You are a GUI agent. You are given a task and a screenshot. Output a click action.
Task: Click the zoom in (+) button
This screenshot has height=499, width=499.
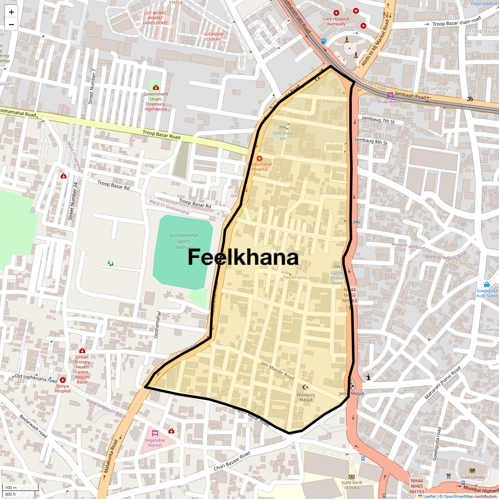[x=11, y=12]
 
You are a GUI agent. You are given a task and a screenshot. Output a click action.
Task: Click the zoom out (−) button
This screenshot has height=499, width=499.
[x=11, y=25]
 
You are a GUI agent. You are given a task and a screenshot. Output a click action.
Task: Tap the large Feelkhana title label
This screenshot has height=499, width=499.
[x=243, y=257]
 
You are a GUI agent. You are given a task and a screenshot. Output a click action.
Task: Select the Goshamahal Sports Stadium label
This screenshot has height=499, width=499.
[x=184, y=241]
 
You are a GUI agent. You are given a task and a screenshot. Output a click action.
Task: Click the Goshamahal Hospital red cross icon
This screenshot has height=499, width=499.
[x=259, y=158]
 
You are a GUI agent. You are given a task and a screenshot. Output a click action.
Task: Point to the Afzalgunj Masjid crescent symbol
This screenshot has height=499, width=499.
[x=305, y=387]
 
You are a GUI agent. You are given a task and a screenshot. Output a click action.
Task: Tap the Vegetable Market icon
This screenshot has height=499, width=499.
[x=155, y=433]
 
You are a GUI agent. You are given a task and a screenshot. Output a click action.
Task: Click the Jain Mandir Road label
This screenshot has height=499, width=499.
[x=277, y=370]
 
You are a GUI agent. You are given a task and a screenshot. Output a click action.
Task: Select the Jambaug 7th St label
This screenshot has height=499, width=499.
[x=378, y=120]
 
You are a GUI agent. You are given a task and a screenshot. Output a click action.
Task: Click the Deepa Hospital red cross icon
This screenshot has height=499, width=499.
[x=63, y=380]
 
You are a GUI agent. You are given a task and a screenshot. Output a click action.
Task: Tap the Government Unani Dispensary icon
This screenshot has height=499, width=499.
[x=156, y=88]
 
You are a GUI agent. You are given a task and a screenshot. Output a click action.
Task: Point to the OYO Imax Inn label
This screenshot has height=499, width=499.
[x=283, y=136]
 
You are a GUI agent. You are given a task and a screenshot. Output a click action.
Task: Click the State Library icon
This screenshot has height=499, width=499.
[x=472, y=471]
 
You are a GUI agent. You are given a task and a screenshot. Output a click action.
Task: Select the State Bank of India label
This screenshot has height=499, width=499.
[x=352, y=485]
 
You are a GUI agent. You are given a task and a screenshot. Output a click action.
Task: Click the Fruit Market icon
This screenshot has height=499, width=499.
[x=390, y=96]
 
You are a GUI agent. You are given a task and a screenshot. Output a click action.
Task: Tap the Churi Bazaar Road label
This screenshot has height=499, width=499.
[x=232, y=461]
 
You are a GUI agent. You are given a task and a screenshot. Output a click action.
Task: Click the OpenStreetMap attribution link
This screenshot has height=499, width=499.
[x=458, y=496]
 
